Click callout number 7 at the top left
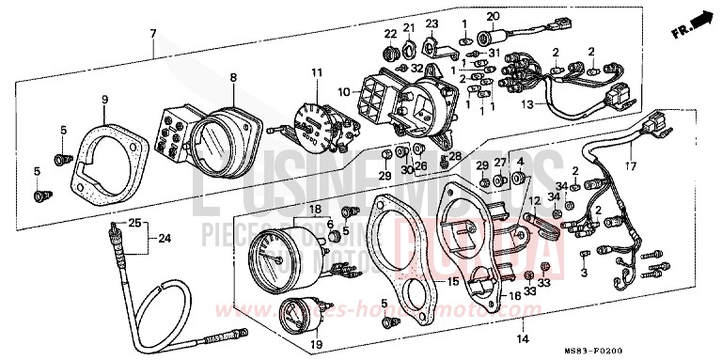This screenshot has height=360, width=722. click(x=153, y=34)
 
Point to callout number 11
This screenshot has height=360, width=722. click(x=317, y=72)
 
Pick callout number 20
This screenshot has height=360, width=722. click(x=492, y=17)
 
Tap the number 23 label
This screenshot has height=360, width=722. click(x=432, y=23)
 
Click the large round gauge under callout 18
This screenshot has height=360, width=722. click(x=278, y=258)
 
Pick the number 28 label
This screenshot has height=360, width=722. click(x=456, y=155)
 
